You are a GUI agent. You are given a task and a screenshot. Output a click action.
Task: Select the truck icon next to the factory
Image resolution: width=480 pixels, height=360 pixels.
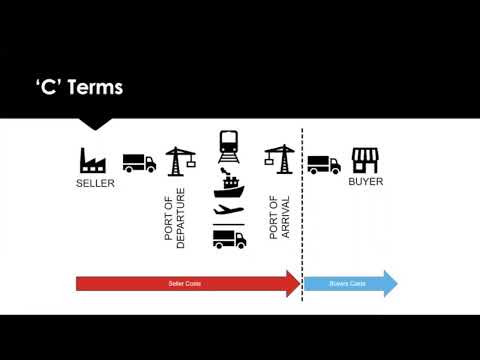(139, 162)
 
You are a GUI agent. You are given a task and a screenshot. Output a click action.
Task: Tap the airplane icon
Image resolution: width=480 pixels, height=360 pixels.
(230, 212)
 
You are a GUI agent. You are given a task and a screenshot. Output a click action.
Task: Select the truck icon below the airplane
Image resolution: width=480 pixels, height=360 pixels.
(230, 239)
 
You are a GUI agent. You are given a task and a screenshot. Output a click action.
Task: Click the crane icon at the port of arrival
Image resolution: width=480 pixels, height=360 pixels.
(276, 158)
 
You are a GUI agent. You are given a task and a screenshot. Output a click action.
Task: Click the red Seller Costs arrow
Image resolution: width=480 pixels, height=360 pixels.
(185, 284)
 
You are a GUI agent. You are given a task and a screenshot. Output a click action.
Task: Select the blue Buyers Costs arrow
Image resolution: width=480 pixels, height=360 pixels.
(349, 284)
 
